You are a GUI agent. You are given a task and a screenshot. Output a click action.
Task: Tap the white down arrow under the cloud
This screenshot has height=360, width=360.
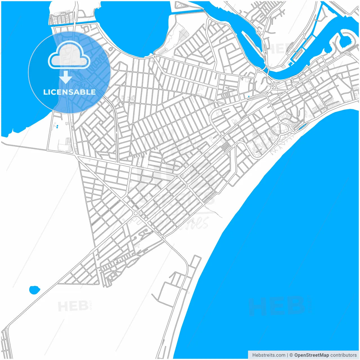66,77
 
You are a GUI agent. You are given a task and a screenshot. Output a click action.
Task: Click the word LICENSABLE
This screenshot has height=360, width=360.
69,92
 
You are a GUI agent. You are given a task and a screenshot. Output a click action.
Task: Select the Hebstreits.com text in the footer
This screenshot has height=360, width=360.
269,355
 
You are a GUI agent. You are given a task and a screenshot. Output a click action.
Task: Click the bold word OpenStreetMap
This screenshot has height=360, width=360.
312,355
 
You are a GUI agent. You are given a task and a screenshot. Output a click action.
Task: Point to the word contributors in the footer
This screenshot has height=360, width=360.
343,355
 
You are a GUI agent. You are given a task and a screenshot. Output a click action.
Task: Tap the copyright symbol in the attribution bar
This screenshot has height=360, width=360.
291,355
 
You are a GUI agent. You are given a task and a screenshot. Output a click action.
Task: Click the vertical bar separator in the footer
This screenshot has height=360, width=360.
287,355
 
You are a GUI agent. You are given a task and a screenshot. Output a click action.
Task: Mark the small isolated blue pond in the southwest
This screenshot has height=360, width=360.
34,290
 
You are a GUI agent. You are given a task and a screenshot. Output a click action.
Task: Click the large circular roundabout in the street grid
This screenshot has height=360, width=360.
136,213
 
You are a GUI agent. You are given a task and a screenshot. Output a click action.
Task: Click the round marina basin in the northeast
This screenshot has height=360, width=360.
345,39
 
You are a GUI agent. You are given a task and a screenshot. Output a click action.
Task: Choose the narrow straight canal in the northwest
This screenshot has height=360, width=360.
82,22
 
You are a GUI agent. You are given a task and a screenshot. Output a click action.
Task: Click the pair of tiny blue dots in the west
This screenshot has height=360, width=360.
57,127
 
